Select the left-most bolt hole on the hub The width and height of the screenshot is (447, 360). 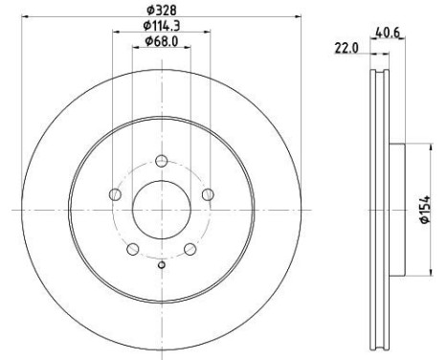tap(115, 193)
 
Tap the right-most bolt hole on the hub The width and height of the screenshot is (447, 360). tap(207, 193)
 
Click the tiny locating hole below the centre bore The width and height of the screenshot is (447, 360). tap(161, 265)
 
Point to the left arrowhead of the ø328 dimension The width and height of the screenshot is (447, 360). tap(26, 16)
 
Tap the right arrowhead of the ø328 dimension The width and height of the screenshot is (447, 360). tap(297, 16)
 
